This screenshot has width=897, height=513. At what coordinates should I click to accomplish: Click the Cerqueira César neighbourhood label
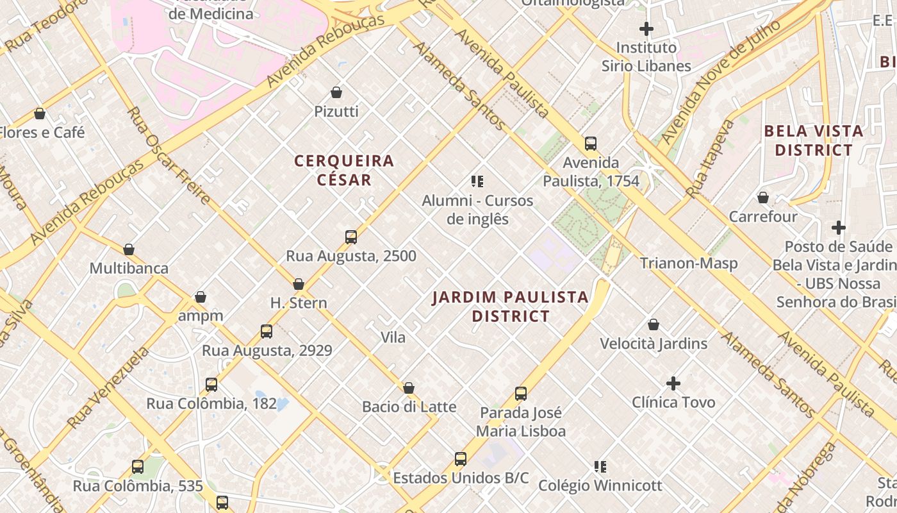pos(344,170)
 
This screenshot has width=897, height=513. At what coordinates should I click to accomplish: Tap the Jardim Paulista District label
pos(510,307)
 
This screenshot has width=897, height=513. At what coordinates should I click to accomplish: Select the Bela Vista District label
pos(814,140)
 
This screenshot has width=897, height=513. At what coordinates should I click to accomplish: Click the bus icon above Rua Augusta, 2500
pos(350,237)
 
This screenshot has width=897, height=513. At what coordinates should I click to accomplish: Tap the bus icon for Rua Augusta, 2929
pos(267,332)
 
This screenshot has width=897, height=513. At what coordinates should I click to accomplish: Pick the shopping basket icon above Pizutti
pos(336,92)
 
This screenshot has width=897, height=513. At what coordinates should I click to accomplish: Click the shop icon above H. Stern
pos(299,284)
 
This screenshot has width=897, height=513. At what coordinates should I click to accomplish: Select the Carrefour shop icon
pos(762,198)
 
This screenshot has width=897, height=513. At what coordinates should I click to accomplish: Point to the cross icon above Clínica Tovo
pos(673,383)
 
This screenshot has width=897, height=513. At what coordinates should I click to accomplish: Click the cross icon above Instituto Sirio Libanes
pos(646,29)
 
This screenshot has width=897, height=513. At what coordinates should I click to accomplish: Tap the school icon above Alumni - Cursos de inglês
pos(477,181)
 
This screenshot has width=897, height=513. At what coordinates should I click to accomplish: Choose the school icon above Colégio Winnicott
pos(600,466)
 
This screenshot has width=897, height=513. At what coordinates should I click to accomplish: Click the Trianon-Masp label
pos(689,263)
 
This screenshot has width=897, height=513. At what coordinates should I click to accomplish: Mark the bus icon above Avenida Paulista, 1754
pos(591,144)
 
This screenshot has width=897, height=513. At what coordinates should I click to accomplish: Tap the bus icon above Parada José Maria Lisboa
pos(521,393)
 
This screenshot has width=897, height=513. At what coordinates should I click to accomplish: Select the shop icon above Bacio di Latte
pos(409,388)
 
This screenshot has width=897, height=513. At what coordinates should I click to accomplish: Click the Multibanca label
pos(129,268)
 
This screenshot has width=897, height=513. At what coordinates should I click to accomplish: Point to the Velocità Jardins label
pos(654,344)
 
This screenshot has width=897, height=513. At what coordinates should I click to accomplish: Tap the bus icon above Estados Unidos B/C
pos(461,458)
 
